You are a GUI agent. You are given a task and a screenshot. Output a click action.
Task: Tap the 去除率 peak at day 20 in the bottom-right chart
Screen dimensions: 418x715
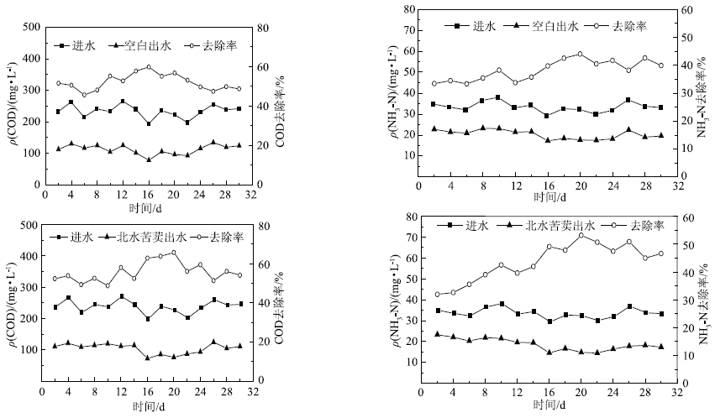pyautogui.click(x=581, y=235)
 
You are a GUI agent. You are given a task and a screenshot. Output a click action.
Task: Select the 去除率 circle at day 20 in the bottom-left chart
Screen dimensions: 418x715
pyautogui.click(x=174, y=252)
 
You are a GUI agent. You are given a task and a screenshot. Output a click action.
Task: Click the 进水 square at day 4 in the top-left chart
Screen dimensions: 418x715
pyautogui.click(x=71, y=102)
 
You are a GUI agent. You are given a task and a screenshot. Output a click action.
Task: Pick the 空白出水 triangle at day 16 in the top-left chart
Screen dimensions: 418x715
pyautogui.click(x=149, y=159)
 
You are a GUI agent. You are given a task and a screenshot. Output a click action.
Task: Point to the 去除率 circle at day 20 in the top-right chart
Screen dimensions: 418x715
pyautogui.click(x=580, y=55)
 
